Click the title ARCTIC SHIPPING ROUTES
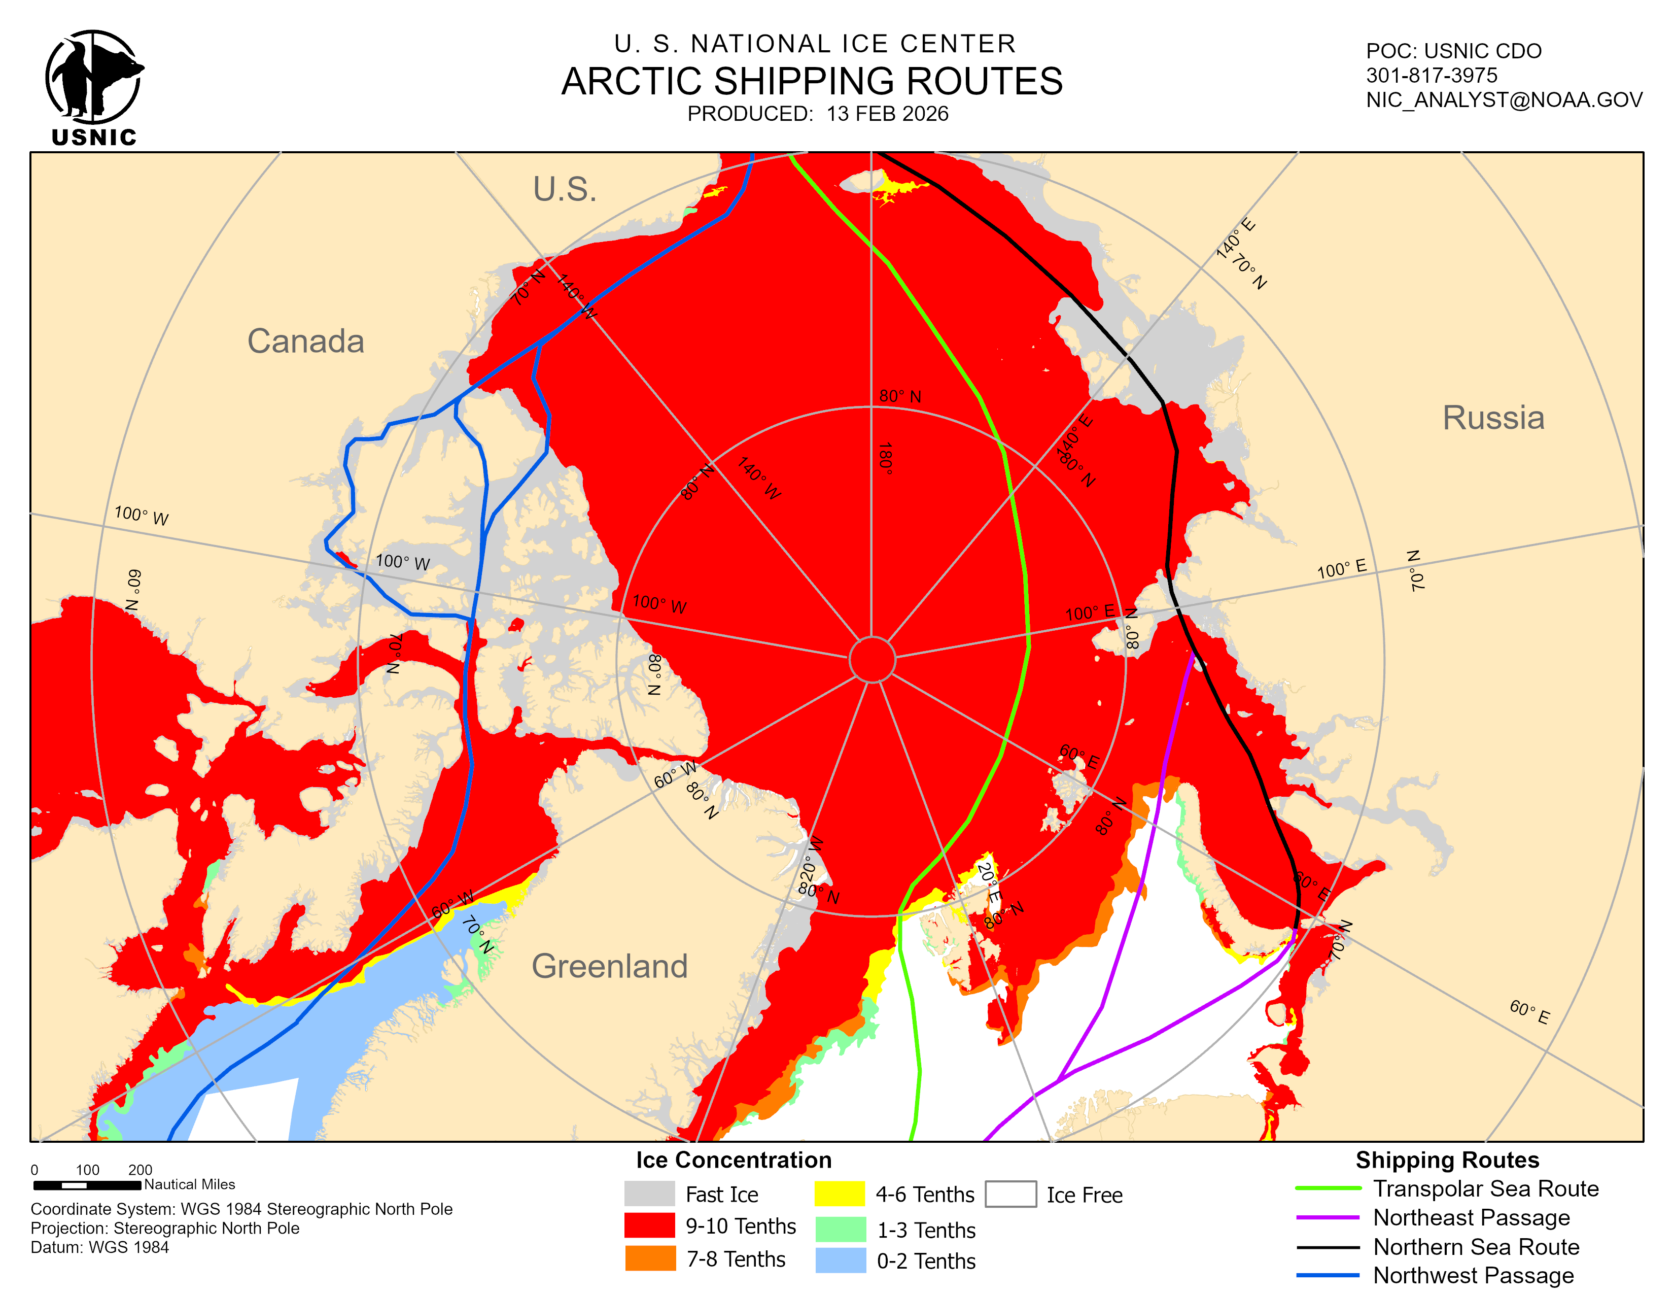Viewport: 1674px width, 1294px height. coord(812,81)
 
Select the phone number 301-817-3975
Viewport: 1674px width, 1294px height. coord(1431,75)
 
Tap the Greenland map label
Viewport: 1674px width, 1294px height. coord(609,966)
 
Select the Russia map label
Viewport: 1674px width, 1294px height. coord(1492,418)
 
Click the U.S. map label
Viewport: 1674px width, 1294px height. coord(565,189)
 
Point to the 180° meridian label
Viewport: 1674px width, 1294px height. coord(885,458)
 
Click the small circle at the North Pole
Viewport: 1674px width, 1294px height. coord(871,659)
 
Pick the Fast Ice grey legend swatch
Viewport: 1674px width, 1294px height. coord(649,1194)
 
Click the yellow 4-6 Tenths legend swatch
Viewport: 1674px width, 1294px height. coord(840,1194)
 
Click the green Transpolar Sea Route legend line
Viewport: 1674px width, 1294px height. coord(1328,1188)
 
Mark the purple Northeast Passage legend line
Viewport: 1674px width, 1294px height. coord(1328,1217)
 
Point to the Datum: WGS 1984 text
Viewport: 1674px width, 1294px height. coord(99,1247)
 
